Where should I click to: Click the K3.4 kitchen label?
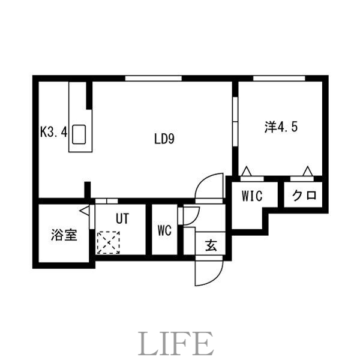point(53,131)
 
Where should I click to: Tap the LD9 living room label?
point(163,140)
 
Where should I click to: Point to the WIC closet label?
point(252,196)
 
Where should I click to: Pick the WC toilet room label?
point(166,231)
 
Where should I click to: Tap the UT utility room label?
point(122,219)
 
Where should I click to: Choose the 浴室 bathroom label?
point(63,235)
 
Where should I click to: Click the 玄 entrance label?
point(211,245)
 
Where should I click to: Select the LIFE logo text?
point(178,343)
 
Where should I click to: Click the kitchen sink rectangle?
point(80,134)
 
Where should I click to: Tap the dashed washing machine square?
point(109,244)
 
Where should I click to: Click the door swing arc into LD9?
point(210,186)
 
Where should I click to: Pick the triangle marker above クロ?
point(308,172)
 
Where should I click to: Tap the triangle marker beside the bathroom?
point(84,211)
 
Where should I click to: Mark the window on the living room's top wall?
point(154,78)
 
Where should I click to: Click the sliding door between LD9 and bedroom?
point(235,121)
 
